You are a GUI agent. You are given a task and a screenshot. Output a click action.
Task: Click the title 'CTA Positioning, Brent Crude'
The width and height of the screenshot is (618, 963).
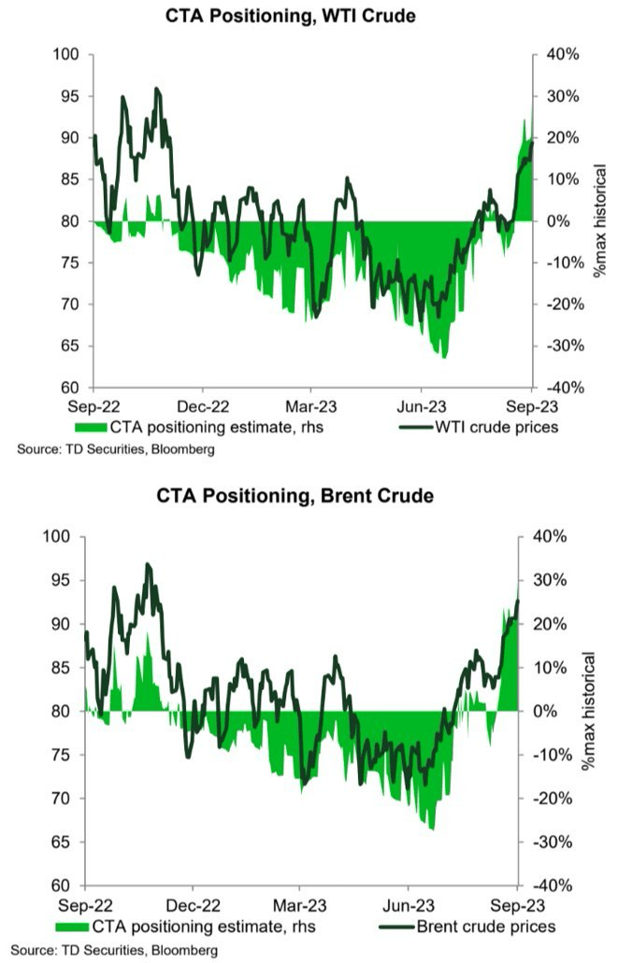point(309,496)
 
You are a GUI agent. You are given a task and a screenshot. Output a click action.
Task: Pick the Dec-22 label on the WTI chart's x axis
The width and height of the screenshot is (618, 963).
point(202,406)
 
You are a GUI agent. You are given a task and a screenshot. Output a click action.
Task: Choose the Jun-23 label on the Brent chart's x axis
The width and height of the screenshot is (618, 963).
point(408,905)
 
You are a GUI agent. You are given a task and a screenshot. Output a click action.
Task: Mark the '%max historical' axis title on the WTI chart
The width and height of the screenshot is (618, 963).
point(600,221)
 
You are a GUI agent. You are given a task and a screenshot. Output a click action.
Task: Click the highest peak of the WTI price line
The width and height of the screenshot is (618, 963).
point(156,89)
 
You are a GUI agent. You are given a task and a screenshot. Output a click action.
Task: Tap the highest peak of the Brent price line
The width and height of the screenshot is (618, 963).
point(148,564)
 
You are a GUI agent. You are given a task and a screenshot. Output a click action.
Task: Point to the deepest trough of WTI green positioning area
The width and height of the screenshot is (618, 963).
point(444,358)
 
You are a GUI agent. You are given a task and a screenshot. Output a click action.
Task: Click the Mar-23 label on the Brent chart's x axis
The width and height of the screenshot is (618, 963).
point(300,905)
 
